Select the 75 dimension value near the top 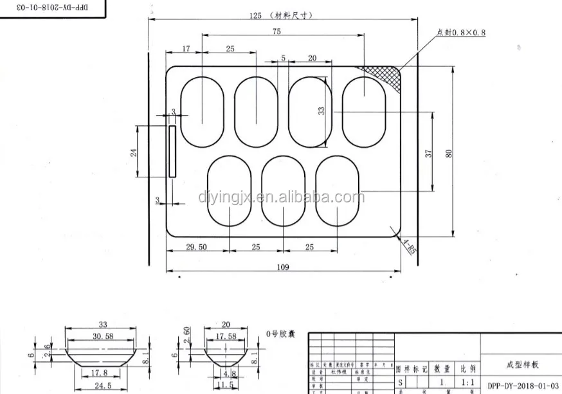(x=276, y=31)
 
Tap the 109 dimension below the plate (x=283, y=267)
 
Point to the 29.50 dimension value (x=196, y=247)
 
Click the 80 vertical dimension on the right (x=449, y=153)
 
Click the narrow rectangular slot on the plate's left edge (x=172, y=151)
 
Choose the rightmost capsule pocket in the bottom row (x=338, y=191)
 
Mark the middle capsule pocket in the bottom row (x=284, y=191)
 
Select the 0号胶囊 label (x=280, y=334)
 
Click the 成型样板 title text (x=521, y=364)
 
